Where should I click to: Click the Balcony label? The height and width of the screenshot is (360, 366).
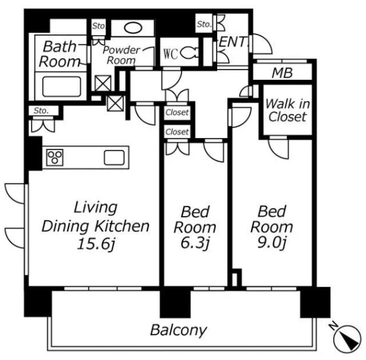(x=178, y=330)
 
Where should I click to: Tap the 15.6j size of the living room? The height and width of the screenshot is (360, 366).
(x=96, y=244)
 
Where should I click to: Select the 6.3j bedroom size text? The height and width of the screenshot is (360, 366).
(x=195, y=243)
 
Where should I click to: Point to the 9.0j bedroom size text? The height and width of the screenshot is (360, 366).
(x=272, y=243)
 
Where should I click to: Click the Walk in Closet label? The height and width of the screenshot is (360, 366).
(x=288, y=110)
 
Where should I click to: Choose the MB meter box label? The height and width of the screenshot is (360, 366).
(x=282, y=73)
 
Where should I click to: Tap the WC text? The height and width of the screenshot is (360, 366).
(x=171, y=54)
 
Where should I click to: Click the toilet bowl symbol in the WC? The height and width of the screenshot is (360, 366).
(x=189, y=53)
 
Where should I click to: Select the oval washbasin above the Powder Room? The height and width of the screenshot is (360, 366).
(x=133, y=28)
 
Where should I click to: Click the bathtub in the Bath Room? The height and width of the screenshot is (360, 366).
(x=62, y=87)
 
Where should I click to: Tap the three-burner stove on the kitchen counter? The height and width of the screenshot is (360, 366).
(x=55, y=157)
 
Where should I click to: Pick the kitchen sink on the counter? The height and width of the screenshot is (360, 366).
(x=114, y=157)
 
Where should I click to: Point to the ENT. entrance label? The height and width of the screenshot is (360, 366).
(x=234, y=42)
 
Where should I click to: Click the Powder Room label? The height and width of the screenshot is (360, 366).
(x=122, y=55)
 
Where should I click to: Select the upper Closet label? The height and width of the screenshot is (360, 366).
(x=177, y=113)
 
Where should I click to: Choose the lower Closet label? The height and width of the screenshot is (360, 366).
(x=177, y=132)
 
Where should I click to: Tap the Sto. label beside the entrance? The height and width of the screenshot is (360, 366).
(x=204, y=24)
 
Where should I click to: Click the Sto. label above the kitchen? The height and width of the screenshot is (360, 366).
(x=41, y=111)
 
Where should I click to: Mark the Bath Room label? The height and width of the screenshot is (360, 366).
(x=60, y=54)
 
